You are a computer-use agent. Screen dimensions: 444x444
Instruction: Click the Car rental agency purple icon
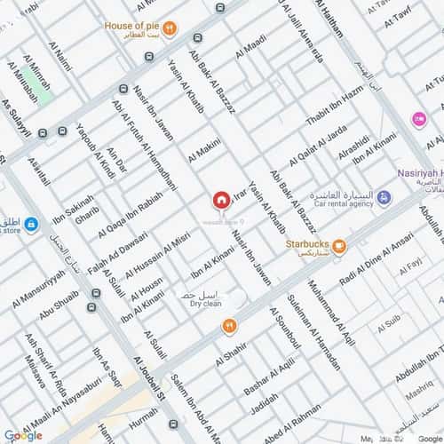[x=383, y=196]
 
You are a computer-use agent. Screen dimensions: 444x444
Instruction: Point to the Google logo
[x=22, y=434]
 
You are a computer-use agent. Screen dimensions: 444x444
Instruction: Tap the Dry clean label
[x=205, y=303]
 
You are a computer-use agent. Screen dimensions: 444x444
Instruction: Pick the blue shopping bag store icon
[x=32, y=224]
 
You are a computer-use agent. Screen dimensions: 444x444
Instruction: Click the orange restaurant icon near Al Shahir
[x=230, y=326]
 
